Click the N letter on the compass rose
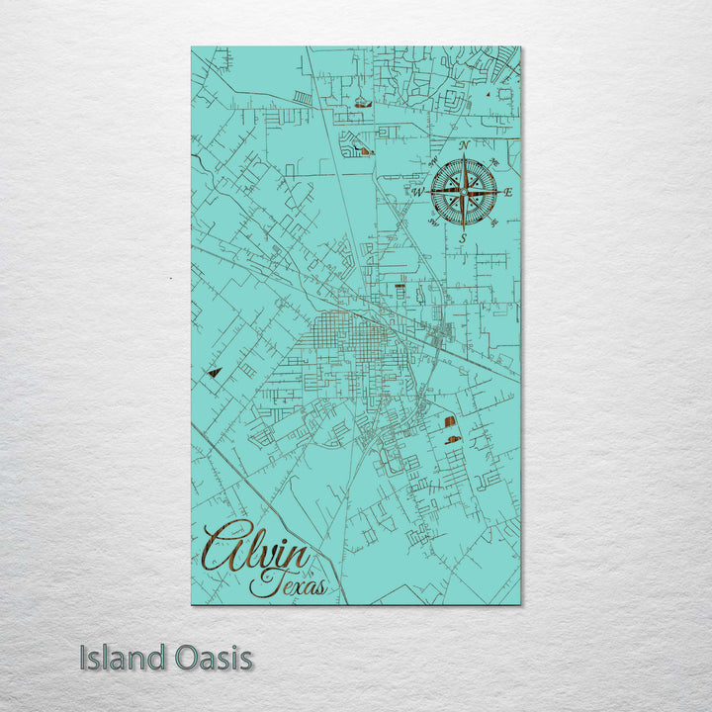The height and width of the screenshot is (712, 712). coord(465,146)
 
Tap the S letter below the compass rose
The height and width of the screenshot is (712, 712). coord(462,238)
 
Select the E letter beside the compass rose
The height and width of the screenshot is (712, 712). coord(508,193)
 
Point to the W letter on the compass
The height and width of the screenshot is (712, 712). coord(417,192)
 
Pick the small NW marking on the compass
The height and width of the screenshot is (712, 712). coord(433,161)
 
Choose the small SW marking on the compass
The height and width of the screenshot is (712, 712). coord(433,222)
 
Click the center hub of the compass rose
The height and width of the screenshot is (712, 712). coord(463,192)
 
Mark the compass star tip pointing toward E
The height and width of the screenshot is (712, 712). coord(495,192)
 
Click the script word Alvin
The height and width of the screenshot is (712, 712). coord(255,548)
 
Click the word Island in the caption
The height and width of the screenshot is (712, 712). coord(121,658)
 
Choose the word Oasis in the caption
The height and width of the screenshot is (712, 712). coord(211,658)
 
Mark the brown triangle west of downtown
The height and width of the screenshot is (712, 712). coord(214,373)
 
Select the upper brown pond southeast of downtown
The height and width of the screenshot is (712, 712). coord(453,421)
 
